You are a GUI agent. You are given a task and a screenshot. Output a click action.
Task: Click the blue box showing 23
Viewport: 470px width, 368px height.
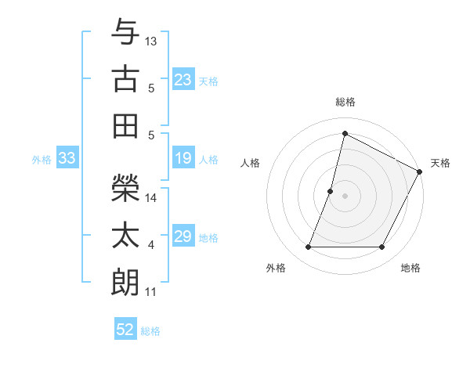pos(183,80)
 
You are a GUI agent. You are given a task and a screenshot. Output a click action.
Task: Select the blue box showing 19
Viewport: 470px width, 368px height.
pos(183,159)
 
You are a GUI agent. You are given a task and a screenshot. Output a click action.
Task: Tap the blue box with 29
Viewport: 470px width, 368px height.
pos(183,237)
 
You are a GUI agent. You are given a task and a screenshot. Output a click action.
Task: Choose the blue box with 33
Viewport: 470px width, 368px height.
pos(67,159)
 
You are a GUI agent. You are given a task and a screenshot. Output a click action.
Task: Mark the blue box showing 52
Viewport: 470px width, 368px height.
pos(125,330)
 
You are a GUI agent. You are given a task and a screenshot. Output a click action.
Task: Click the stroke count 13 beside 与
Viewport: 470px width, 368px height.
pos(151,41)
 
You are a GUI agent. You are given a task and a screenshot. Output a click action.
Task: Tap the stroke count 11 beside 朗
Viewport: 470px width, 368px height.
pos(150,292)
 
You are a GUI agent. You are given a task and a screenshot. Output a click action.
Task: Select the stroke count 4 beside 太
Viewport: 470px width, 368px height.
pos(151,245)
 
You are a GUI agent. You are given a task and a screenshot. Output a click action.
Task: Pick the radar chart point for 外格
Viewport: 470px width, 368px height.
pos(308,247)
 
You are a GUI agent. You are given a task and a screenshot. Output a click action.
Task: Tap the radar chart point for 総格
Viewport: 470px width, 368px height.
pos(345,134)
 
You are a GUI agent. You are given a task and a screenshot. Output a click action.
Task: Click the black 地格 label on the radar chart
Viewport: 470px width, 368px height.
pos(410,268)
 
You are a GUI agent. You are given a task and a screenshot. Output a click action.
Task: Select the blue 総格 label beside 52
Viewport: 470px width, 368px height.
pos(150,331)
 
